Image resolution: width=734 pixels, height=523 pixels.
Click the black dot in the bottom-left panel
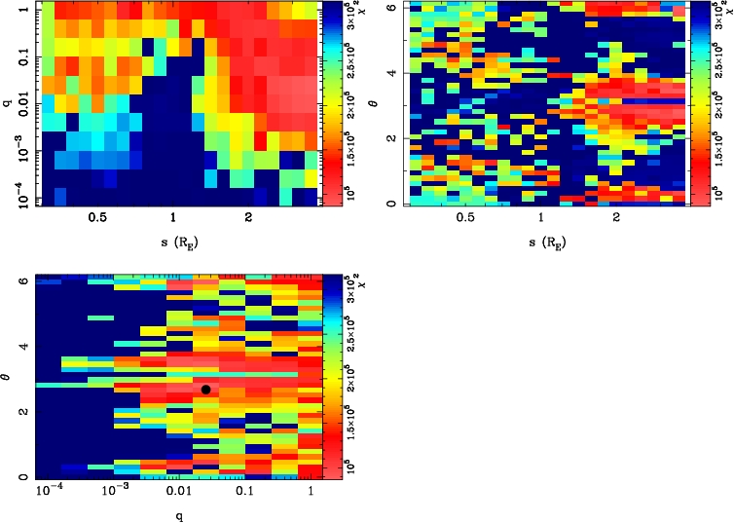pyautogui.click(x=205, y=390)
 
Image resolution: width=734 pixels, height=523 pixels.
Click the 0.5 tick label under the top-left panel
pyautogui.click(x=95, y=220)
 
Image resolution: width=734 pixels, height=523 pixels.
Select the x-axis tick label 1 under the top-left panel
pyautogui.click(x=173, y=220)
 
